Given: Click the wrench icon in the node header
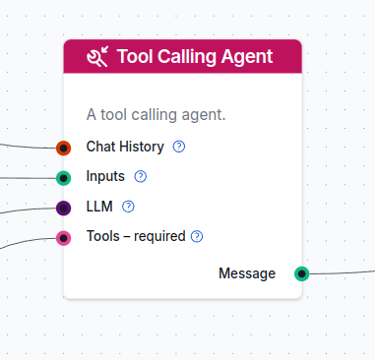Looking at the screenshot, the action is point(97,56).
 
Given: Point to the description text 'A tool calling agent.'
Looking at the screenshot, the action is point(156,115).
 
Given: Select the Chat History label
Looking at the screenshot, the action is point(125,147).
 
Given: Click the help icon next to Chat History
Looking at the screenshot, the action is point(179,148).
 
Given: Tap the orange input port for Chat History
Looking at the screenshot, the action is point(64,148).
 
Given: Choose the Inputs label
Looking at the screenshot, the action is point(105,177).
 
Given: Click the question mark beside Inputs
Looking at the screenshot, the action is point(140,177).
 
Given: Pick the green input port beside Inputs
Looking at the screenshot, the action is point(64,178).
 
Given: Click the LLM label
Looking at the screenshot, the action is point(99,207).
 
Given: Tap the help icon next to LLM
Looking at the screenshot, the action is point(128,207).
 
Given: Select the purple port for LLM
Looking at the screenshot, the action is point(64,208).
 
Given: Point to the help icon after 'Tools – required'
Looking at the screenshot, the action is point(197,236).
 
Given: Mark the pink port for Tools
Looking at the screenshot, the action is point(64,237).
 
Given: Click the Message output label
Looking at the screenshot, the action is point(247,273).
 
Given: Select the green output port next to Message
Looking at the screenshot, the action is point(302,273).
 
